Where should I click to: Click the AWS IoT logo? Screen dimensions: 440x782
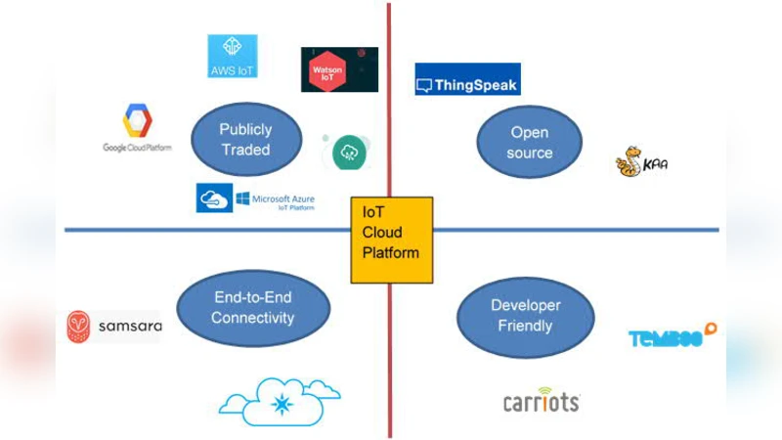[233, 56]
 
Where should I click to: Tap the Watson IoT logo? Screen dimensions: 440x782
[339, 69]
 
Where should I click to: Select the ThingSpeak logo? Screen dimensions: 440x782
[467, 79]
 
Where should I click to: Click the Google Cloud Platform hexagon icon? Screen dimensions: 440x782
[137, 121]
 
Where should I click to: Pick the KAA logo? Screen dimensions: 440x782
[641, 161]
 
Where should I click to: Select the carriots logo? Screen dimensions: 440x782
[541, 401]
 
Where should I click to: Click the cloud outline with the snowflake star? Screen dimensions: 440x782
[281, 401]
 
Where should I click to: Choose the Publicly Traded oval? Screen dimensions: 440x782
[245, 140]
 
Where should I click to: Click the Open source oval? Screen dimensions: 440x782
[529, 142]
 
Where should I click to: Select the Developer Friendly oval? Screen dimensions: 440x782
[525, 315]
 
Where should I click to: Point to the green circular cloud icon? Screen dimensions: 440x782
[348, 152]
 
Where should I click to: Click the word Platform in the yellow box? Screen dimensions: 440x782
[392, 252]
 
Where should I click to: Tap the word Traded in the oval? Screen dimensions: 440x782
[245, 150]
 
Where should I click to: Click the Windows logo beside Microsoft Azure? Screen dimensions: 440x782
[241, 199]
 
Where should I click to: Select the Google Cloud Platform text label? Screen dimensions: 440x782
[137, 148]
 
